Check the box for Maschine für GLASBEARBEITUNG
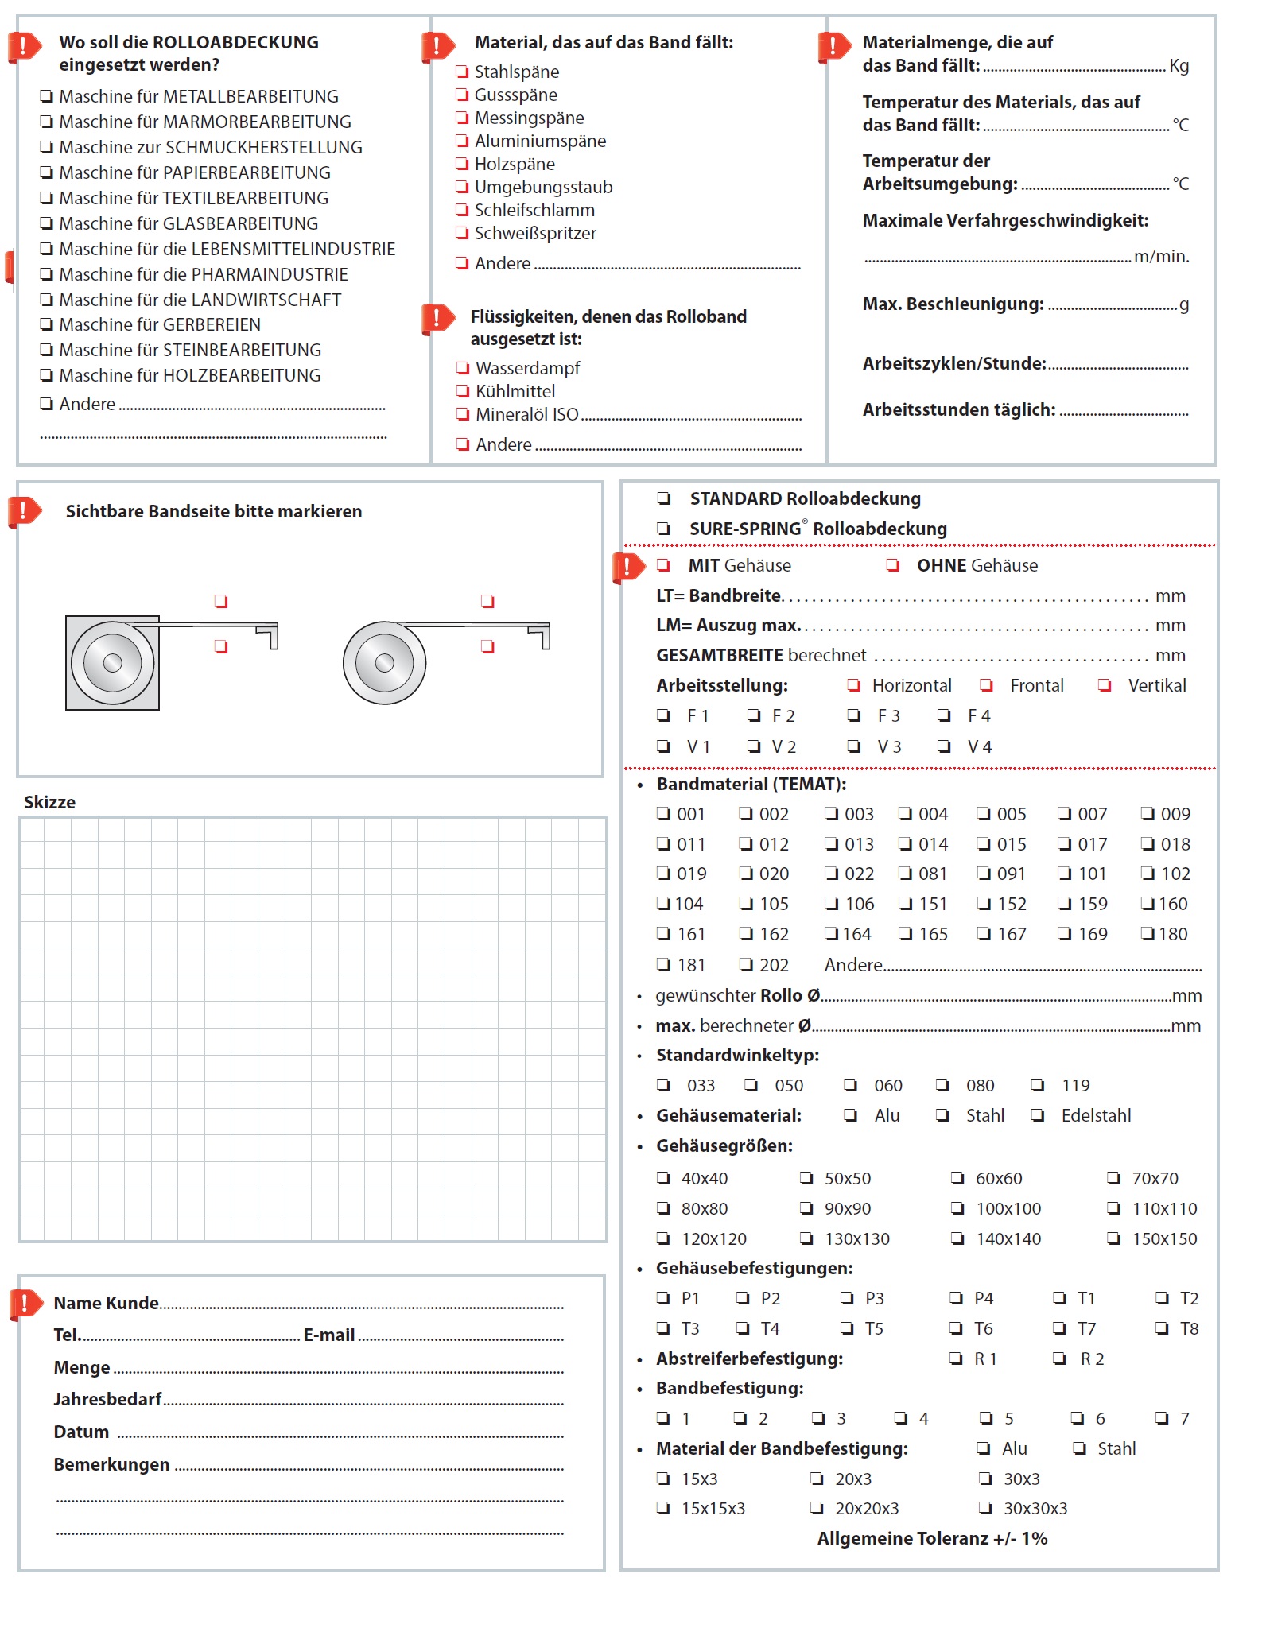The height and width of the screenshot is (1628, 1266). pyautogui.click(x=47, y=223)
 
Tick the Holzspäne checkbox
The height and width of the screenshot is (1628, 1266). pyautogui.click(x=462, y=164)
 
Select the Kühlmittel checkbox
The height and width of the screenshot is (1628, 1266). pyautogui.click(x=463, y=391)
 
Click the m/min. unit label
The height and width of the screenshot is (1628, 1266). pyautogui.click(x=1161, y=257)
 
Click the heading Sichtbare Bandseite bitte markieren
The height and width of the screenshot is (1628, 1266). pyautogui.click(x=213, y=512)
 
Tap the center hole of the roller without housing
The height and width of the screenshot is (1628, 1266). pyautogui.click(x=384, y=662)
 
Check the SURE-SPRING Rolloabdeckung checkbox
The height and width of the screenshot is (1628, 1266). pyautogui.click(x=664, y=529)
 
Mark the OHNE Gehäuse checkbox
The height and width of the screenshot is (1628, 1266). pyautogui.click(x=893, y=565)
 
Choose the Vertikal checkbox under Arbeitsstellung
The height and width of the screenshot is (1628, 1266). pyautogui.click(x=1105, y=685)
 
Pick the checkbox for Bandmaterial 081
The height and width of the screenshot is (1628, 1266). pyautogui.click(x=905, y=874)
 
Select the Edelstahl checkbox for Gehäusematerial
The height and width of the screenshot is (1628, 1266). pyautogui.click(x=1038, y=1115)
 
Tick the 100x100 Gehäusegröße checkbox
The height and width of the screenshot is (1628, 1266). pyautogui.click(x=958, y=1208)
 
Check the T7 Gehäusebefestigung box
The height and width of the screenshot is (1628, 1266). pyautogui.click(x=1059, y=1328)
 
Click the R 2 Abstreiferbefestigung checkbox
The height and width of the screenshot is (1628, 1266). pyautogui.click(x=1059, y=1359)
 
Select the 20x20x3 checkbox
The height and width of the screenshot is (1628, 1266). pyautogui.click(x=817, y=1508)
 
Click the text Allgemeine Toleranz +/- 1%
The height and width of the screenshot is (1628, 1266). pyautogui.click(x=932, y=1538)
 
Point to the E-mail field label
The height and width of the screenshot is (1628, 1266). pyautogui.click(x=329, y=1335)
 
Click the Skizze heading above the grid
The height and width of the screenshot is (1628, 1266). pyautogui.click(x=49, y=802)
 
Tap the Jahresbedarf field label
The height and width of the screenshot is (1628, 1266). pyautogui.click(x=107, y=1399)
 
